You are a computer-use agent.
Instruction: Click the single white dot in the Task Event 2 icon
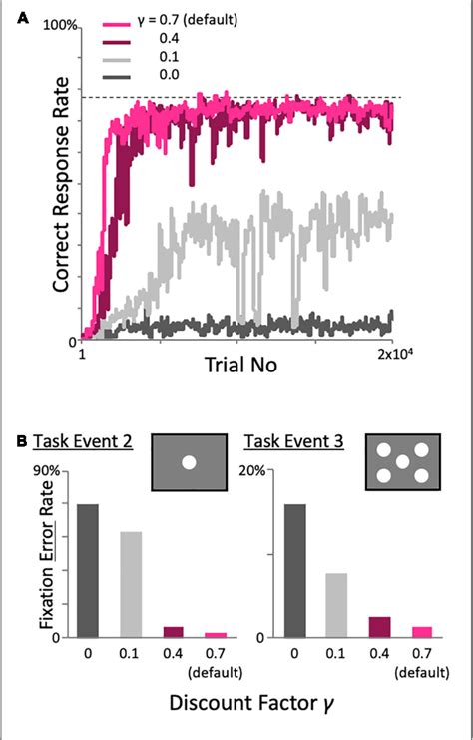tap(191, 462)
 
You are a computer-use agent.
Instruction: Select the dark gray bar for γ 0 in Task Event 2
tap(88, 571)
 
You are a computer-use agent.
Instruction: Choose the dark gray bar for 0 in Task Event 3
tap(295, 571)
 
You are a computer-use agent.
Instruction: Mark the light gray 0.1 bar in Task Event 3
tap(338, 605)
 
